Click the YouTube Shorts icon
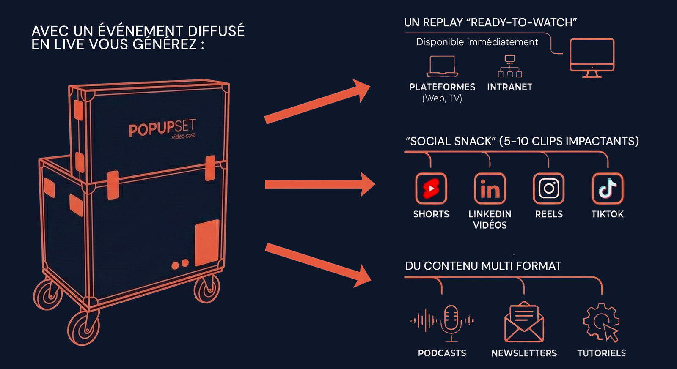point(431,189)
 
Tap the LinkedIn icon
point(490,189)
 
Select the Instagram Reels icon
point(549,189)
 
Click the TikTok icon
point(608,189)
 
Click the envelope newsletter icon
point(524,322)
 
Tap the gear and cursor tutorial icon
point(601,322)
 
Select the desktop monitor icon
point(592,57)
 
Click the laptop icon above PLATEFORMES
point(442,66)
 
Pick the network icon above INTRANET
point(510,66)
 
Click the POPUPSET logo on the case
point(162,128)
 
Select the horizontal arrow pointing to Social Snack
point(319,184)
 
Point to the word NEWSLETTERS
point(524,353)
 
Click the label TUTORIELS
point(601,353)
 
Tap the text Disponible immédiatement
point(477,42)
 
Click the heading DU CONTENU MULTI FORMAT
point(483,266)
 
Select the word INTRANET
point(509,87)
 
